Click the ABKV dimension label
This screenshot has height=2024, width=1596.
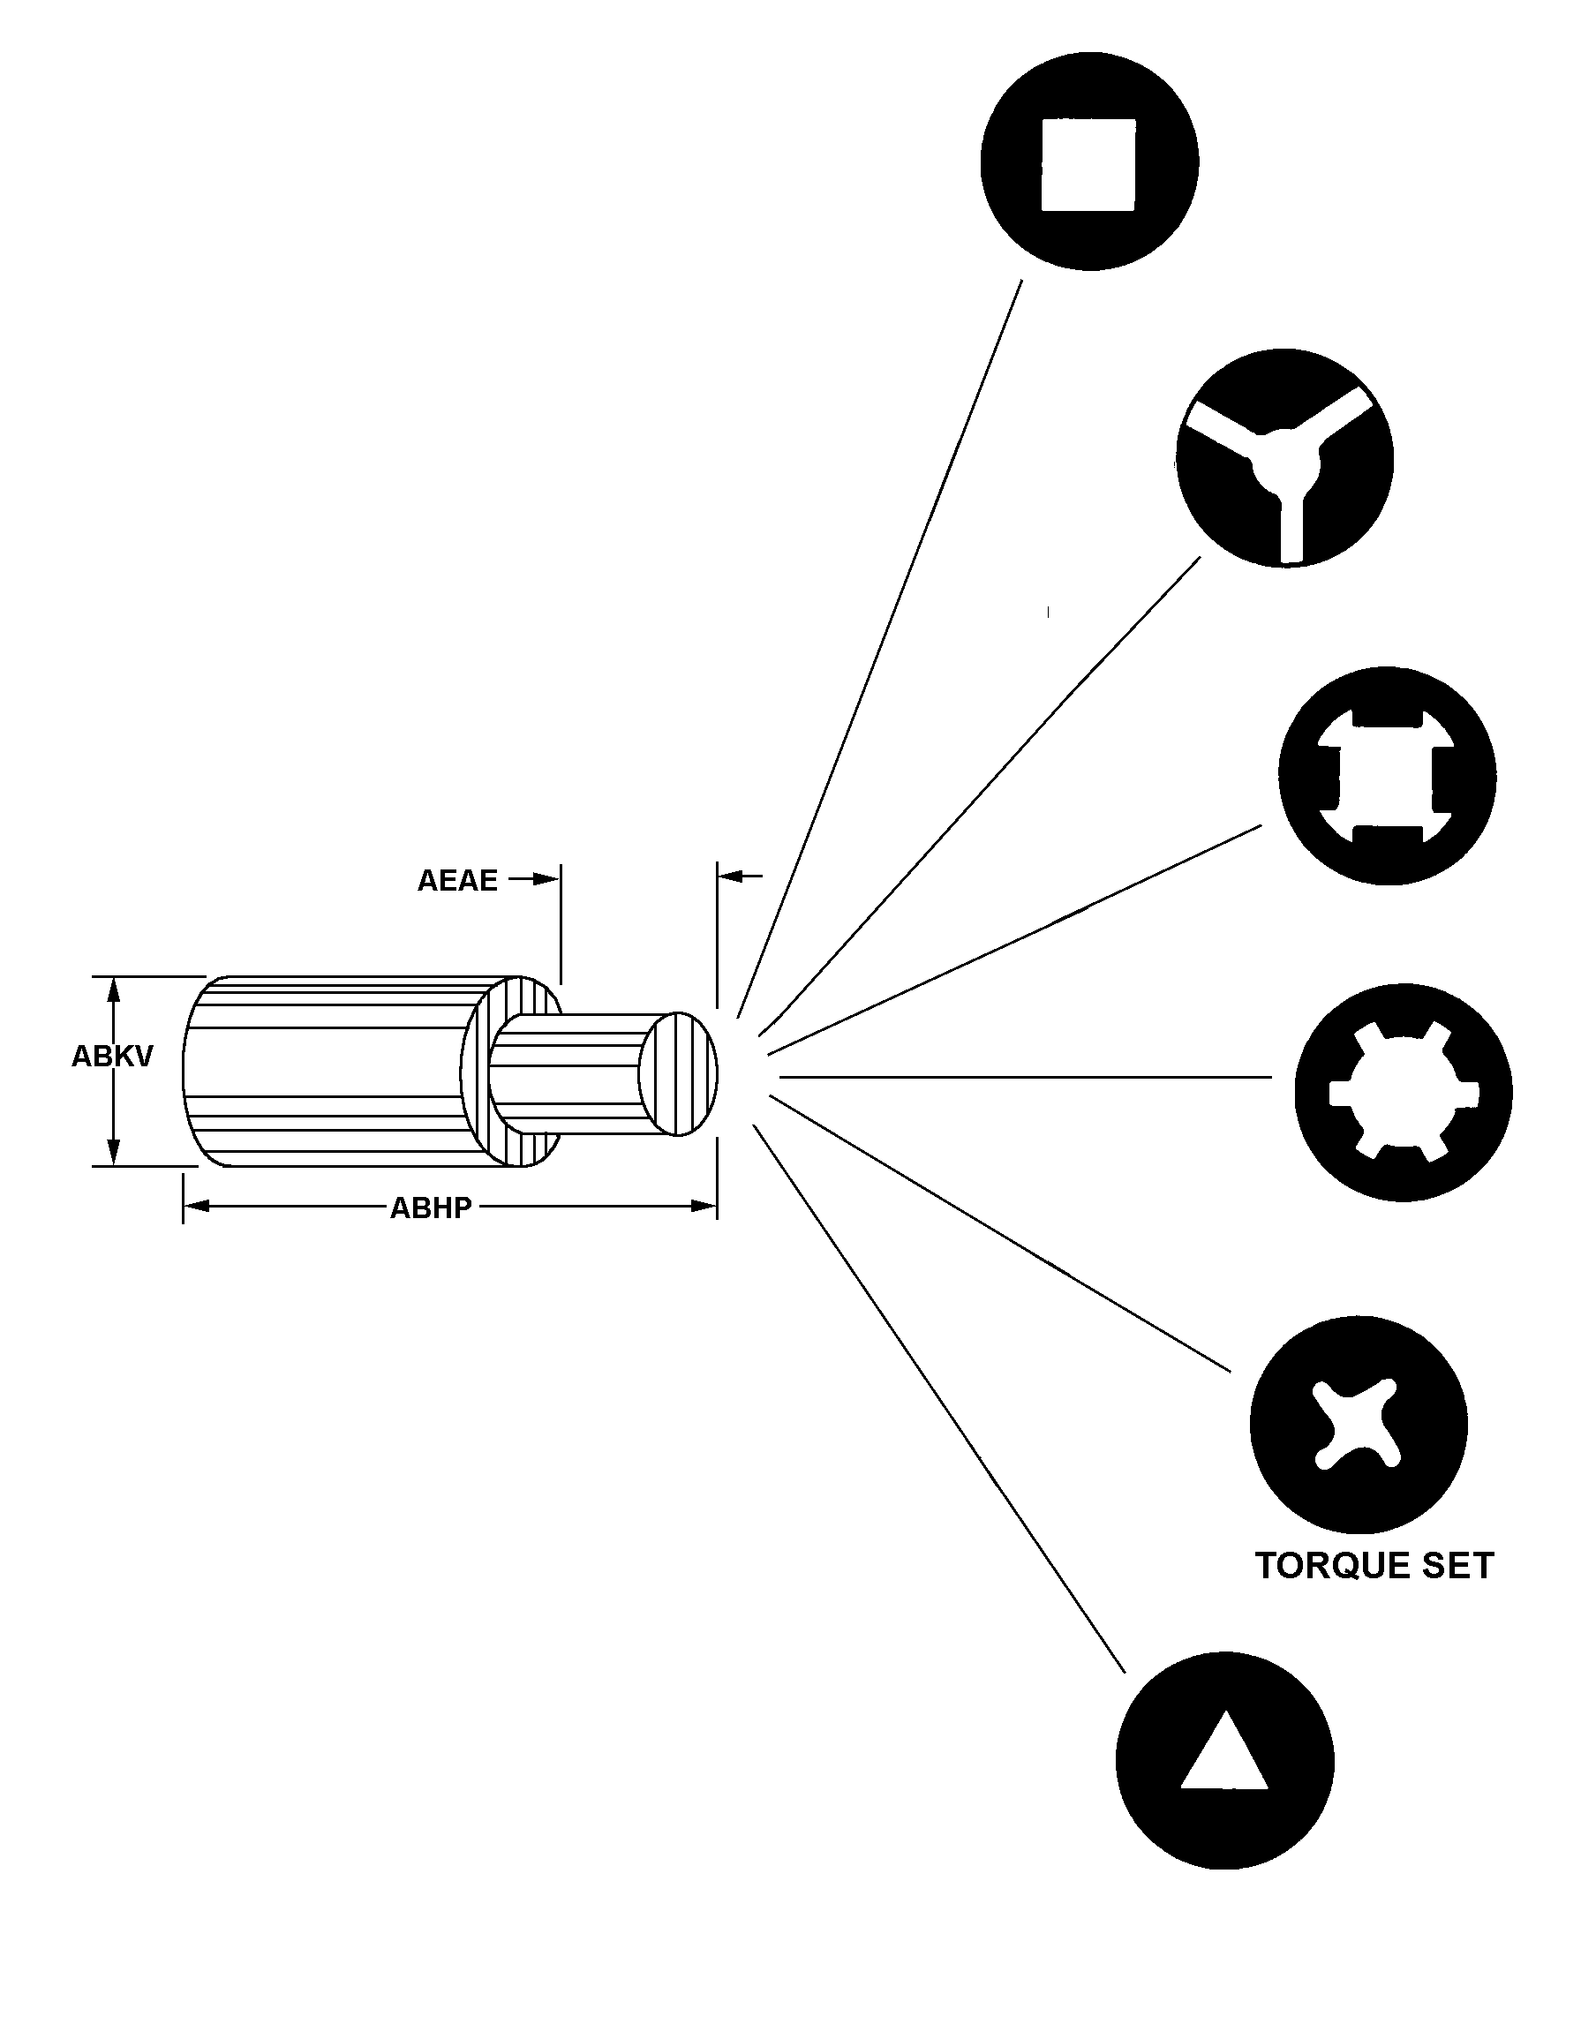coord(112,1057)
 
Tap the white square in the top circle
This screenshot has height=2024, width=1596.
coord(1088,164)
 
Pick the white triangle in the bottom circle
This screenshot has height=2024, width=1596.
coord(1224,1755)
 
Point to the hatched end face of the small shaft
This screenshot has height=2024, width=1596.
coord(679,1073)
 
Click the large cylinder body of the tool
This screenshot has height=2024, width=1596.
coord(327,1072)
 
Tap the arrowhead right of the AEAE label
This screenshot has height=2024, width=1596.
coord(546,879)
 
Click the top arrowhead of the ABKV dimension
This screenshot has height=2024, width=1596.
coord(115,989)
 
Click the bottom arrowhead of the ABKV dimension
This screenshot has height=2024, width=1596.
coord(115,1153)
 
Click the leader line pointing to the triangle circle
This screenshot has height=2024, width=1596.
coord(938,1399)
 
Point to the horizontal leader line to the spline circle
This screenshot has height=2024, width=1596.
coord(1025,1078)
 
